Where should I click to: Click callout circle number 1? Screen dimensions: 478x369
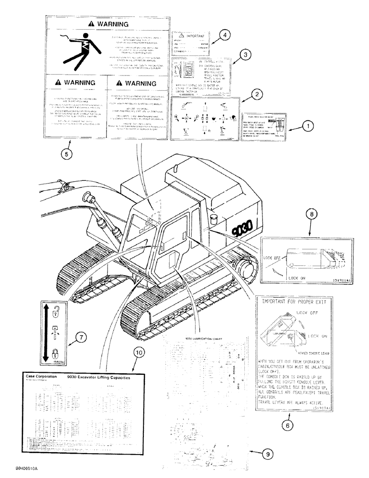(308, 127)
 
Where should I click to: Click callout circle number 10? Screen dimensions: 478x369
(139, 353)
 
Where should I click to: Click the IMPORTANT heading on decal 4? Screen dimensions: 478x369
(195, 36)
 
